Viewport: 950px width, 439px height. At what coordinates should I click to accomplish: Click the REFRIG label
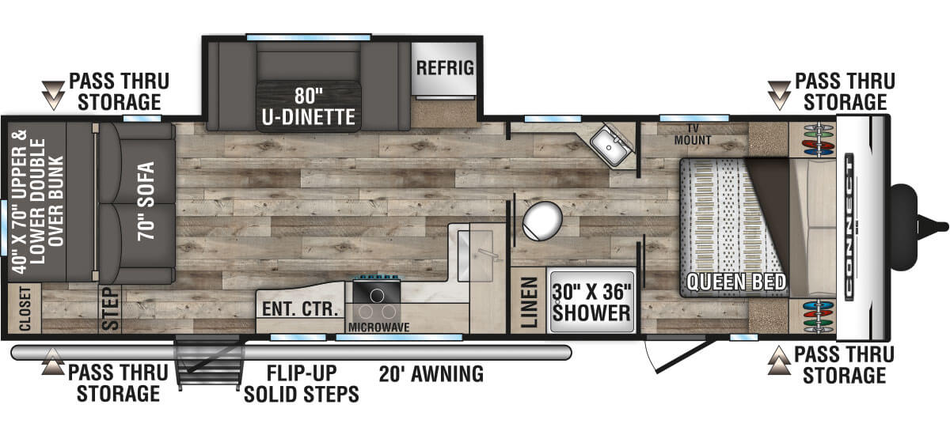pyautogui.click(x=445, y=68)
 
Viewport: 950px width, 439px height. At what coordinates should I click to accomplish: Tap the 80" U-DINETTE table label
pyautogui.click(x=308, y=107)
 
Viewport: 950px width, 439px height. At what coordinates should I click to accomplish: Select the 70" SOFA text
pyautogui.click(x=146, y=202)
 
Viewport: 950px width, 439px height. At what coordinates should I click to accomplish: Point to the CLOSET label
pyautogui.click(x=25, y=308)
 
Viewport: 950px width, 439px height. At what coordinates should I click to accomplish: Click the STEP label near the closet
pyautogui.click(x=111, y=309)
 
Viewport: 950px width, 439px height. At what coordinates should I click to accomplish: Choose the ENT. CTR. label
pyautogui.click(x=300, y=309)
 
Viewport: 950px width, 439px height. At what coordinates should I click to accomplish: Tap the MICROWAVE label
pyautogui.click(x=378, y=327)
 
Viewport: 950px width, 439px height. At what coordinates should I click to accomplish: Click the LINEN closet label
pyautogui.click(x=530, y=302)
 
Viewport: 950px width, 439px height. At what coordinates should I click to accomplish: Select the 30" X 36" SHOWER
pyautogui.click(x=591, y=302)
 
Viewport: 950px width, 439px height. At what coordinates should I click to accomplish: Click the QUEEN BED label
pyautogui.click(x=735, y=282)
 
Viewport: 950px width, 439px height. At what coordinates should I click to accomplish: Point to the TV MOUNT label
pyautogui.click(x=692, y=134)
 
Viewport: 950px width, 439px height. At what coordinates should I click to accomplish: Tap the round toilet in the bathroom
pyautogui.click(x=542, y=221)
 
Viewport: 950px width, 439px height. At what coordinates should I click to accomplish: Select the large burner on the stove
pyautogui.click(x=377, y=295)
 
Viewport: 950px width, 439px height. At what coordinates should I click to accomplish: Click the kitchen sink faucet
pyautogui.click(x=488, y=254)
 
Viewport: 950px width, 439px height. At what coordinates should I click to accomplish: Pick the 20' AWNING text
pyautogui.click(x=431, y=373)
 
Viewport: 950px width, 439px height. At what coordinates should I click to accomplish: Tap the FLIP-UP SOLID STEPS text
pyautogui.click(x=301, y=384)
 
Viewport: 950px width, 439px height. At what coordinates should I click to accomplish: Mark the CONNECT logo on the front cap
pyautogui.click(x=849, y=227)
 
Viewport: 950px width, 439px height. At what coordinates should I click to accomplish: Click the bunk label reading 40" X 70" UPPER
pyautogui.click(x=19, y=202)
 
